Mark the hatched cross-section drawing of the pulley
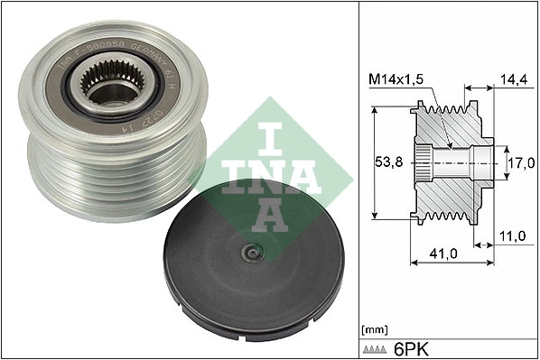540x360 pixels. pos(452,163)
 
